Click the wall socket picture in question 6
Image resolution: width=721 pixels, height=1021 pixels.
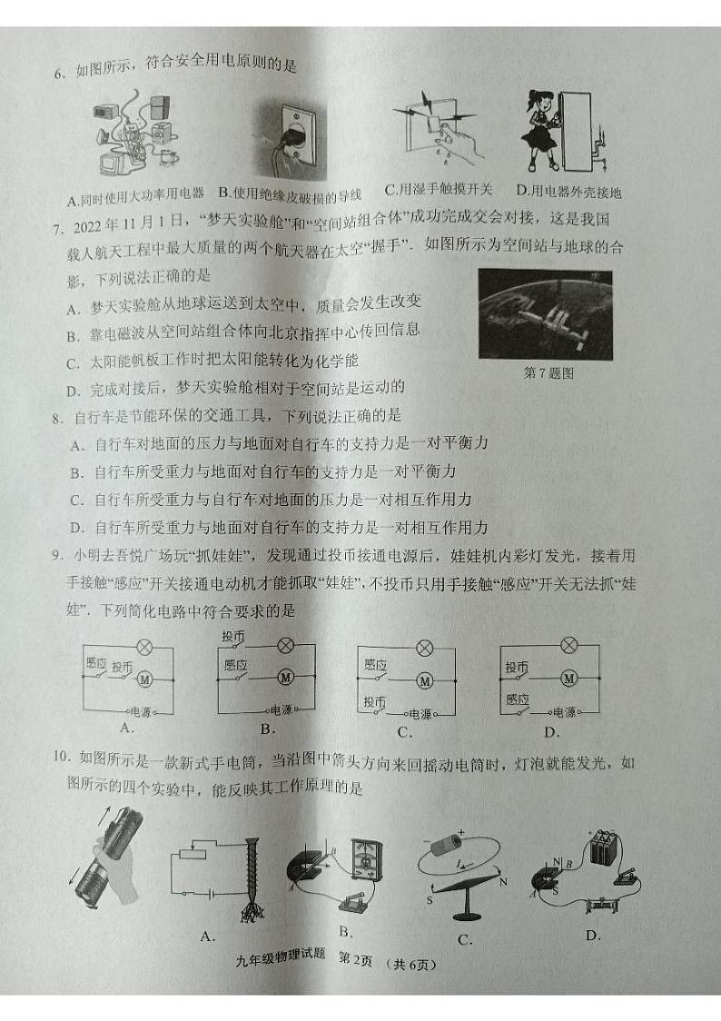(x=290, y=141)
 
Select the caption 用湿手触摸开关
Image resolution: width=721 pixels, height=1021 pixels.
(x=439, y=190)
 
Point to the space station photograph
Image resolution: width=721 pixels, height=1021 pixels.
(x=545, y=313)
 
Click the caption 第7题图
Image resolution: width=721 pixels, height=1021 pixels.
(x=548, y=372)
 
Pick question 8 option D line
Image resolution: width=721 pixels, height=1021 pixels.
(x=279, y=527)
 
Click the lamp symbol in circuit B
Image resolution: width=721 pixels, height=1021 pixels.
(x=285, y=646)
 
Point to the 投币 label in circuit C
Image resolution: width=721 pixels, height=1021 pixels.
(x=374, y=702)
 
